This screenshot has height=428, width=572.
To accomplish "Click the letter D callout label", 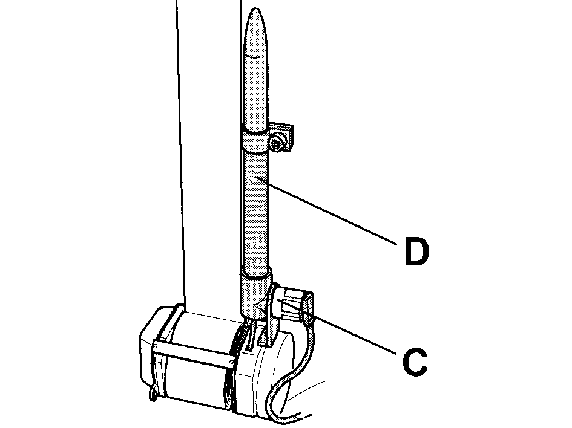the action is coord(417,251).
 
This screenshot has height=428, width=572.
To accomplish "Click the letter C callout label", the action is coord(415,362).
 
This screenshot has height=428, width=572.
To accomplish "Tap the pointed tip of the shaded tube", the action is coord(255,8).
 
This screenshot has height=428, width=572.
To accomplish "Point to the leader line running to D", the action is coord(326,210).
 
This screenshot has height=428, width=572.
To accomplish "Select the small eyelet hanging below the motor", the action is coord(153,394).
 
